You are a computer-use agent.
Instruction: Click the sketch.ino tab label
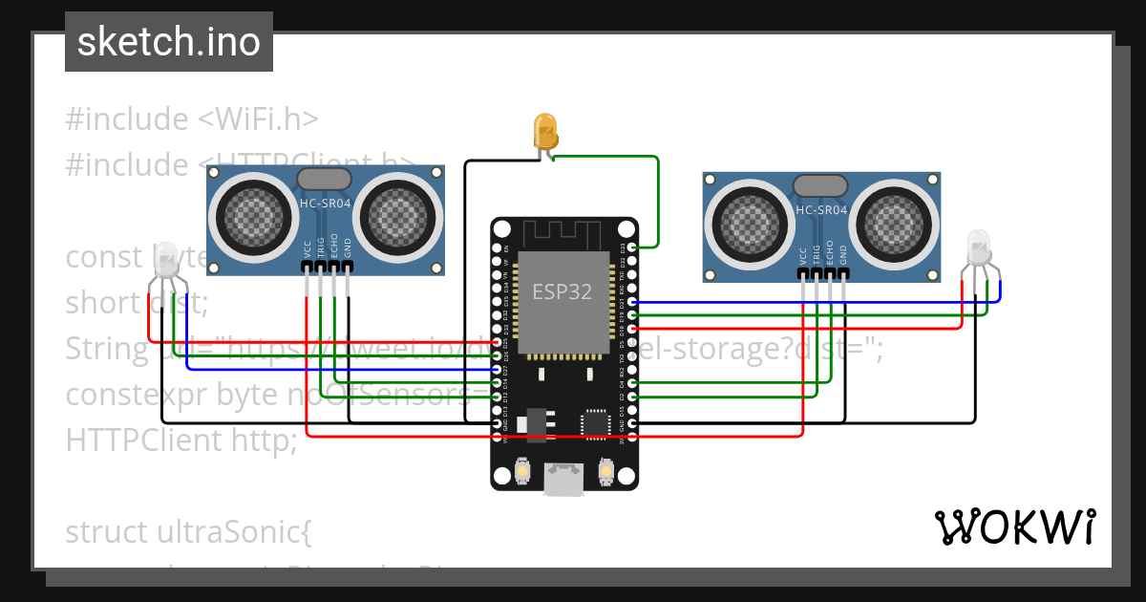[x=169, y=43]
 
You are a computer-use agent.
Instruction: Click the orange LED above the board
[x=545, y=130]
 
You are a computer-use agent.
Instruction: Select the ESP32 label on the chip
[x=562, y=292]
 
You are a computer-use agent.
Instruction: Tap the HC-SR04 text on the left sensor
[x=325, y=203]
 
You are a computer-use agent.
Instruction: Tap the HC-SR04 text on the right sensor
[x=821, y=210]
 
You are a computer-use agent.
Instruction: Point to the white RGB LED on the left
[x=166, y=259]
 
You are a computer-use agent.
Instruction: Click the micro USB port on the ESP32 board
[x=563, y=478]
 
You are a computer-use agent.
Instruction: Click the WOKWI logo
[x=1014, y=527]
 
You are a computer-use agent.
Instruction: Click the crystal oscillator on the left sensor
[x=325, y=179]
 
